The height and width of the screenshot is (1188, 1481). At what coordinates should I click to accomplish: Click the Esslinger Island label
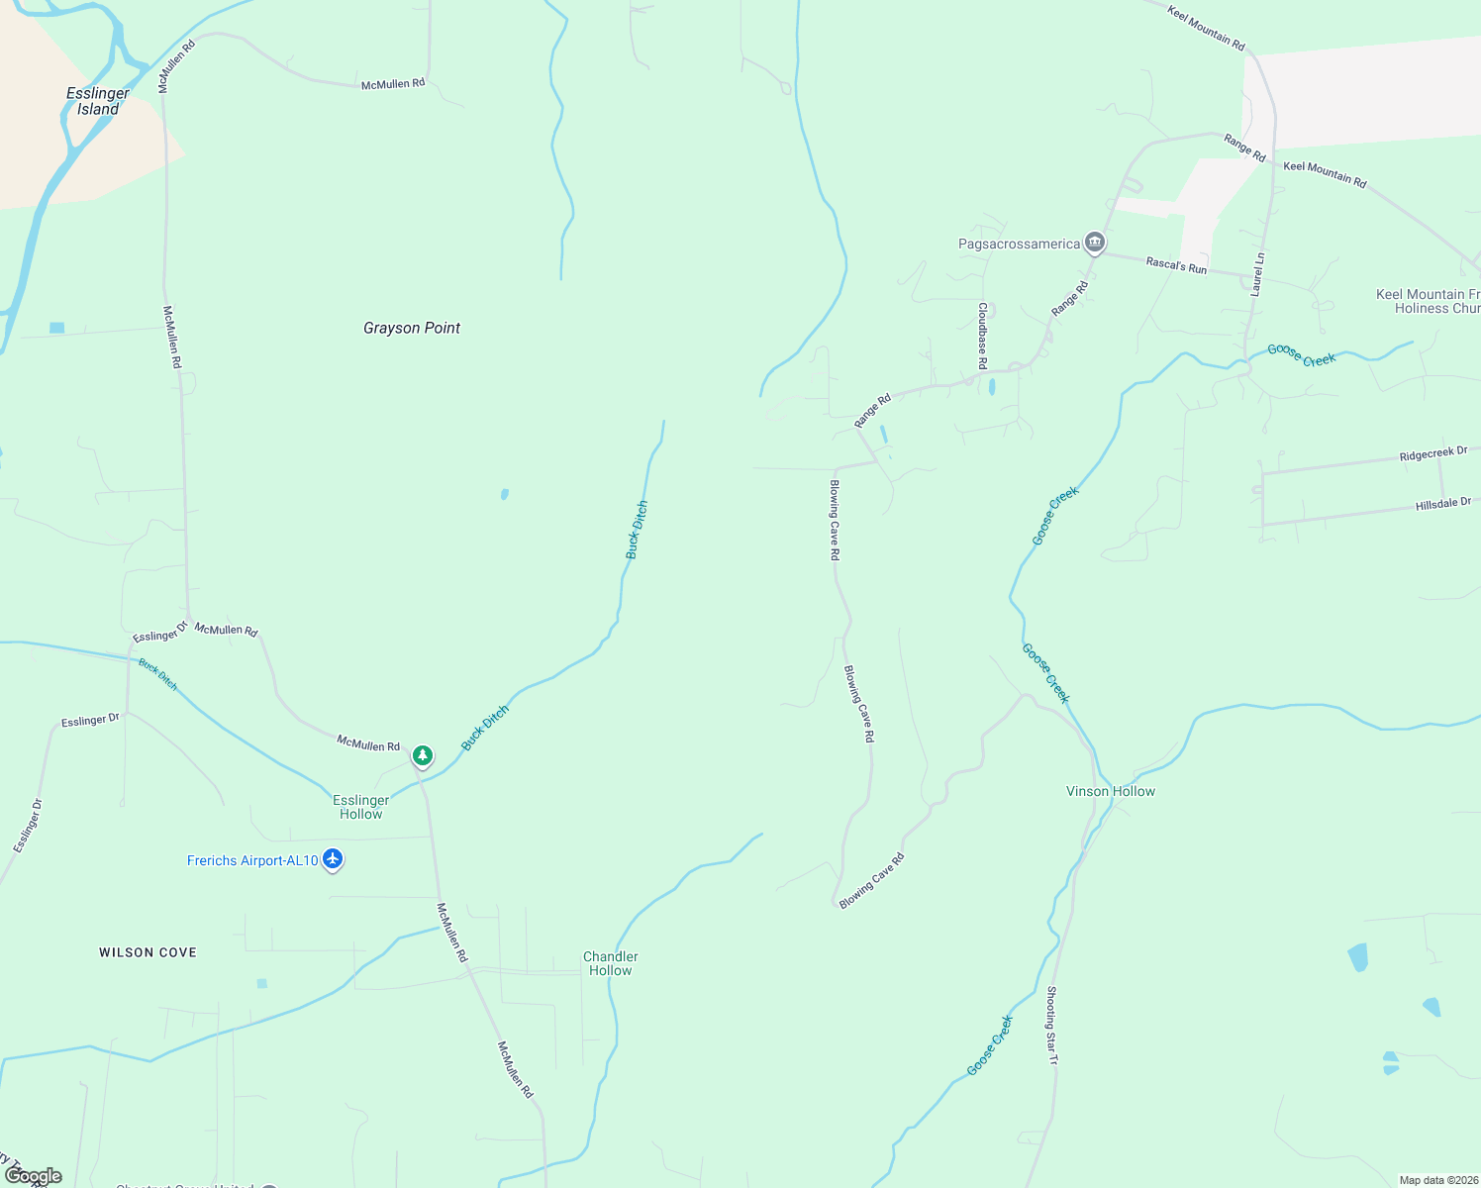tap(98, 101)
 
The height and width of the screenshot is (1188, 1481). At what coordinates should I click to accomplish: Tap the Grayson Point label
tap(412, 328)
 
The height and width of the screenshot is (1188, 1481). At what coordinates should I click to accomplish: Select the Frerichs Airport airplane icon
tap(333, 859)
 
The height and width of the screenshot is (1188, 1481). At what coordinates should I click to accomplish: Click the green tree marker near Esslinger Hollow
tap(423, 756)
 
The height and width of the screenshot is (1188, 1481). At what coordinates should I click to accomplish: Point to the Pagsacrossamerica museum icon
tap(1094, 242)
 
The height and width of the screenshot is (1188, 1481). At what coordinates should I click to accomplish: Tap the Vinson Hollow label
tap(1111, 791)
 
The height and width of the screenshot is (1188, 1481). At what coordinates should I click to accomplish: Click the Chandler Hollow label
tap(611, 963)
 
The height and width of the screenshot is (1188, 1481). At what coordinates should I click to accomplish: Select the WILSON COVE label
tap(148, 952)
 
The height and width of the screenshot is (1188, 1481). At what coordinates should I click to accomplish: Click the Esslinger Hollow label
tap(361, 807)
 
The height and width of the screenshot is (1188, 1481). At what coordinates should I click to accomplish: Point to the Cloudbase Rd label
tap(982, 337)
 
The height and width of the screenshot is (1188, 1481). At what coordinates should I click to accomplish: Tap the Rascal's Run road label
tap(1176, 265)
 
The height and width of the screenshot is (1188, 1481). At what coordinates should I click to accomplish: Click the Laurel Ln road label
tap(1257, 274)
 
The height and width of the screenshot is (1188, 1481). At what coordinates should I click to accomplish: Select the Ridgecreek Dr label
tap(1433, 454)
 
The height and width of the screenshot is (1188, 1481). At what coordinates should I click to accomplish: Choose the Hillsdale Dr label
tap(1443, 504)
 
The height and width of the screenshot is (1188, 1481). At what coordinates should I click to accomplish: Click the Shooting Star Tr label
tap(1052, 1026)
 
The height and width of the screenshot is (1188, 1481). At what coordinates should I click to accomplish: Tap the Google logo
tap(34, 1176)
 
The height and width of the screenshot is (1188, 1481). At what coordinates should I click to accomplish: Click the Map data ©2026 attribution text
tap(1438, 1180)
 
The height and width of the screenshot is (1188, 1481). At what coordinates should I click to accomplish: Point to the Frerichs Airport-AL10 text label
tap(252, 860)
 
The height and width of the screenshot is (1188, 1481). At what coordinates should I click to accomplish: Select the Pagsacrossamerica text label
tap(1019, 244)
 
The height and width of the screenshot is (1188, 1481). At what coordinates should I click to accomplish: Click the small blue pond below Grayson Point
tap(505, 494)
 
